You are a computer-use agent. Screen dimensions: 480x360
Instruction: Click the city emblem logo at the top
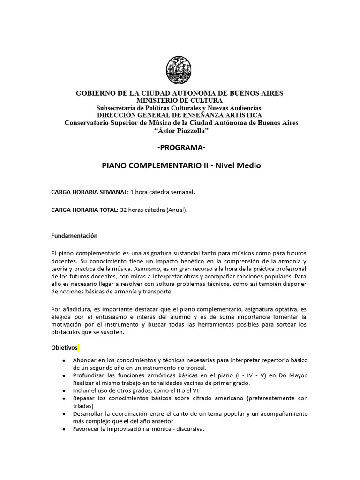(x=180, y=70)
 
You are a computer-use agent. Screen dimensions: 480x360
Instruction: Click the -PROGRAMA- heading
(x=181, y=148)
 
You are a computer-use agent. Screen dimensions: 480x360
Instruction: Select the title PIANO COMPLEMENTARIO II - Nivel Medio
(x=181, y=165)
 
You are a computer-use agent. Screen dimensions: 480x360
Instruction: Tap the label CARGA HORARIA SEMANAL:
(x=90, y=192)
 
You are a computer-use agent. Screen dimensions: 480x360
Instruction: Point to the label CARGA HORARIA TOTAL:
(x=85, y=210)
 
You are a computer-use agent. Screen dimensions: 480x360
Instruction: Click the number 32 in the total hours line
(x=124, y=210)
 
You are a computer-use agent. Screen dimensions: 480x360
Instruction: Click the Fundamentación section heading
(x=74, y=235)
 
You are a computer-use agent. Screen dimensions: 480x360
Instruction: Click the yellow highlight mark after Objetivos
(x=78, y=348)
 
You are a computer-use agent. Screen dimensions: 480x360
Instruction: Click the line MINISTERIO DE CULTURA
(x=180, y=100)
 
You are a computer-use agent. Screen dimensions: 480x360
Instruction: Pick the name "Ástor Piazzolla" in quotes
(x=180, y=130)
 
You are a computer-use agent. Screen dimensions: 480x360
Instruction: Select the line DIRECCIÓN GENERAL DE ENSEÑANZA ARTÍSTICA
(x=180, y=115)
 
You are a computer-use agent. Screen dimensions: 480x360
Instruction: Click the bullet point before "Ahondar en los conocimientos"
(x=64, y=360)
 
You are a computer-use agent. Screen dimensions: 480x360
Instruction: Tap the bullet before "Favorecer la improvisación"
(x=64, y=428)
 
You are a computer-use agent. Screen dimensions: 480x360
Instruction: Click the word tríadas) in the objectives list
(x=83, y=405)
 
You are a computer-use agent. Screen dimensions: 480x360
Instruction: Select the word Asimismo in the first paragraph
(x=146, y=269)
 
